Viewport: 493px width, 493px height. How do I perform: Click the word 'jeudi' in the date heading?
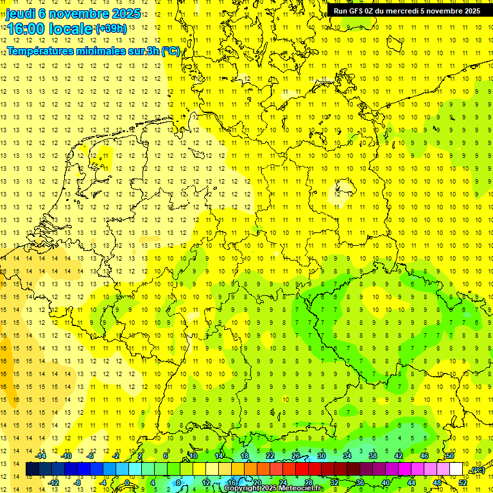[21, 13]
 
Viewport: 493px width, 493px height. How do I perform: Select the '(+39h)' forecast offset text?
[110, 29]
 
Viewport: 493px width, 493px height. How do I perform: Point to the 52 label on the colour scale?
[463, 483]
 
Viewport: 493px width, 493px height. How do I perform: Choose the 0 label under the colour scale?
[127, 483]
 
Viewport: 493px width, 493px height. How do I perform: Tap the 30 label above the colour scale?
[321, 456]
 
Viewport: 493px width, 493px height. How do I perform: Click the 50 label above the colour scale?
[450, 456]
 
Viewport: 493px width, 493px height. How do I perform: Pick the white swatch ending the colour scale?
[456, 469]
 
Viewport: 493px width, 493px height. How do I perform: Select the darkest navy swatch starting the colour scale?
[32, 469]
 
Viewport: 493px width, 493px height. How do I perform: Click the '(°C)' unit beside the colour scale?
[477, 470]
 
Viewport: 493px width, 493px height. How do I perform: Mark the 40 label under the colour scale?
[386, 483]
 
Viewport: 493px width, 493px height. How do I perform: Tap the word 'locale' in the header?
[72, 29]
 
